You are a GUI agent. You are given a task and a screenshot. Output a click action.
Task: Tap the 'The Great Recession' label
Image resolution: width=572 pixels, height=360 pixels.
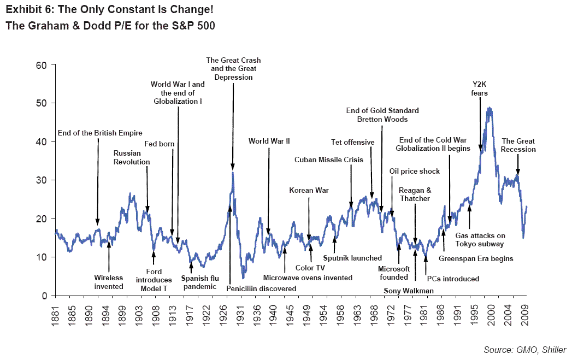coord(518,145)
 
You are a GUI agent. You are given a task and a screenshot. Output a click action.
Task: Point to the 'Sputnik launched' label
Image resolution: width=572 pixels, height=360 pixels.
coord(352,258)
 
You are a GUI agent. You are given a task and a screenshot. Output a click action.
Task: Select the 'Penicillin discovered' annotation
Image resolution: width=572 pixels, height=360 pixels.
coord(261,288)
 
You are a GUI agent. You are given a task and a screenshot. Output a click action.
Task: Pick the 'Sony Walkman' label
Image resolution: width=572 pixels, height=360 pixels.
coord(409,291)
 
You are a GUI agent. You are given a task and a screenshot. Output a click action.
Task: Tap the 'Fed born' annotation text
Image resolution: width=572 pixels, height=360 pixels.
coord(160,144)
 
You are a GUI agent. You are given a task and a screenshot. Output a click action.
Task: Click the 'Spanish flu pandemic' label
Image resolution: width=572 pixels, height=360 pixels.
coord(200,282)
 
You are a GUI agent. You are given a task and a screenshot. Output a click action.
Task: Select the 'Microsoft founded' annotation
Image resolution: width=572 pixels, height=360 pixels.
coord(394,273)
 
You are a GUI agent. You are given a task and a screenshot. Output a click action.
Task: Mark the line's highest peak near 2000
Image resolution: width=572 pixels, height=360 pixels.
coord(489,108)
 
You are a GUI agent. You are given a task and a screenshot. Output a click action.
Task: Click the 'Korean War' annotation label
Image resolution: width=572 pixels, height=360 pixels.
coord(309,190)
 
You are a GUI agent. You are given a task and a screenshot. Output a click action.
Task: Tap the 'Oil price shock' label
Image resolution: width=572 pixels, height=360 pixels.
coord(414,171)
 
